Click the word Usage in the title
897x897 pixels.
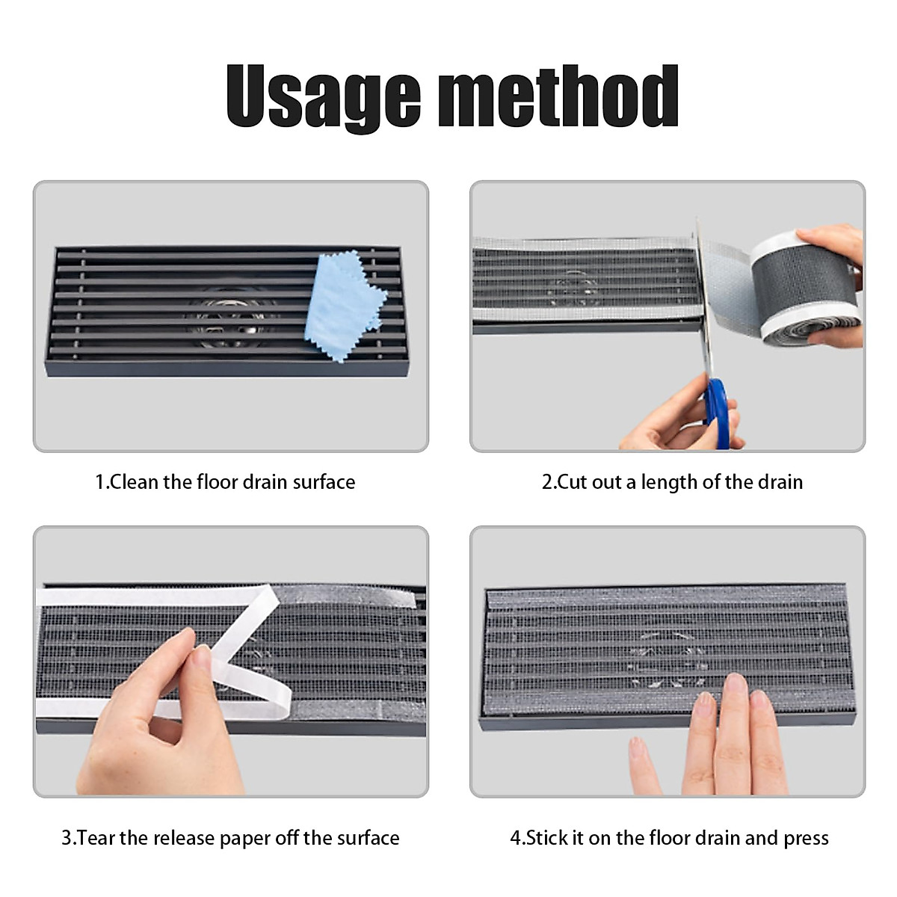(x=324, y=97)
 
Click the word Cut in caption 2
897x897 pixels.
(x=572, y=482)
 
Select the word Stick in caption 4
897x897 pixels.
(x=548, y=838)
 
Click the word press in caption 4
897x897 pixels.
(x=806, y=839)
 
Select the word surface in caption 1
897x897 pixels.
(x=324, y=482)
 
